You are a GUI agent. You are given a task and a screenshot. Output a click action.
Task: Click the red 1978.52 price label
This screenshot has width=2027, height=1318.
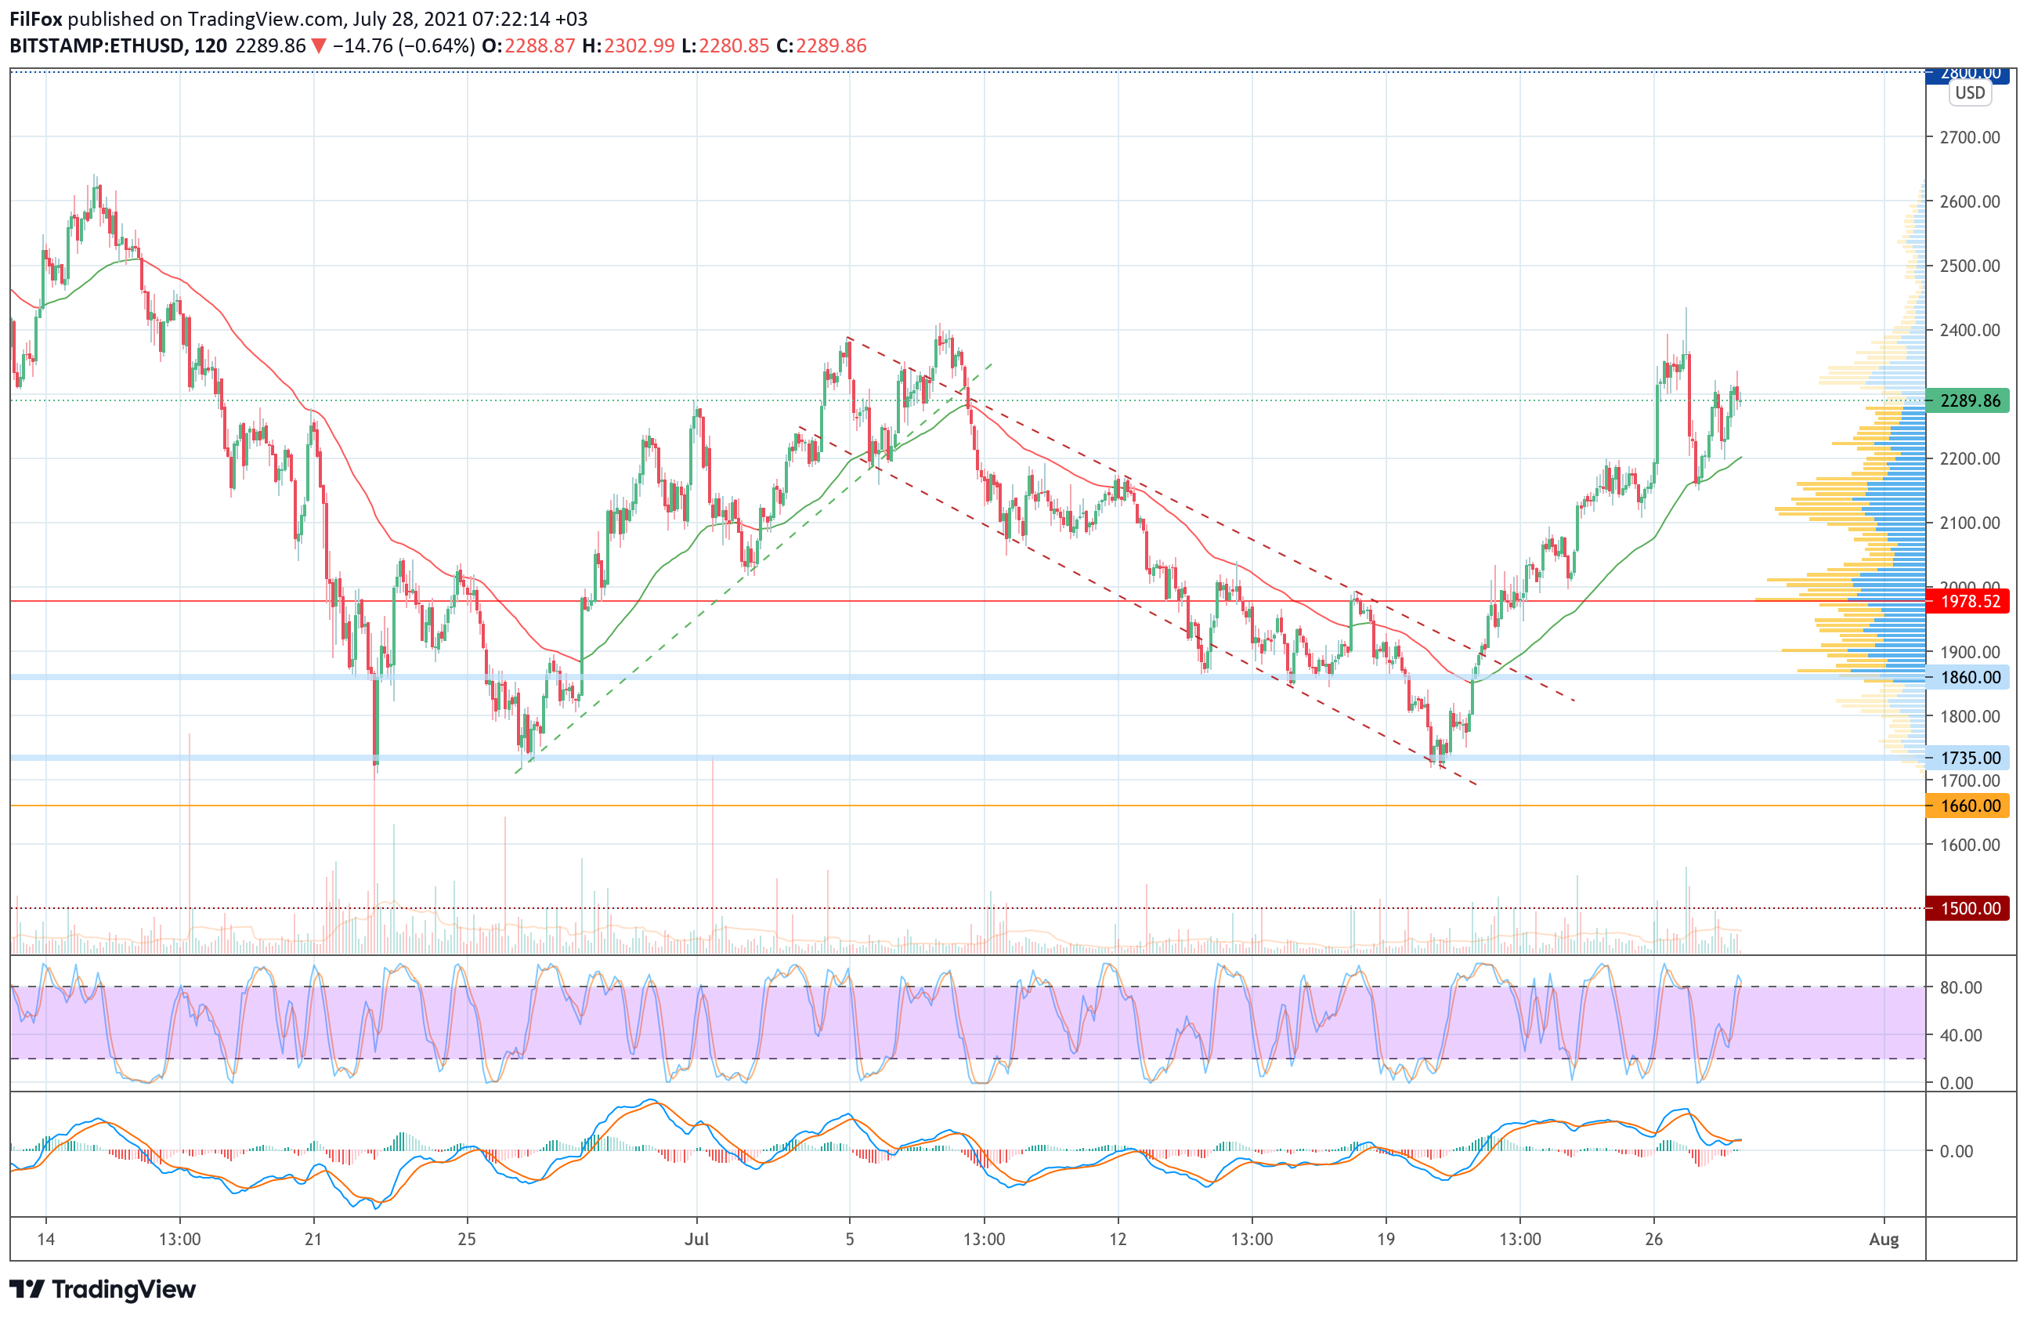(1969, 602)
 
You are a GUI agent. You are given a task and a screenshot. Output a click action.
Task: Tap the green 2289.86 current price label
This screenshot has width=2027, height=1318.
(1969, 400)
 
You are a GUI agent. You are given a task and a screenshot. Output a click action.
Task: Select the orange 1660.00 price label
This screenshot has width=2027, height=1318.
(1969, 806)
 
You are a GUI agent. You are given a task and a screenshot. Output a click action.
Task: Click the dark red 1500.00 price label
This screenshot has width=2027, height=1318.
(1969, 908)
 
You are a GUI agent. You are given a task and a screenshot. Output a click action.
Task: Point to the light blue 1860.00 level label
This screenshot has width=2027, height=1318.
(1969, 677)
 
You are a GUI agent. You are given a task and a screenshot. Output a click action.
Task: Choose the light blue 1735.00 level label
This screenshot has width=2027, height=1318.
(1969, 758)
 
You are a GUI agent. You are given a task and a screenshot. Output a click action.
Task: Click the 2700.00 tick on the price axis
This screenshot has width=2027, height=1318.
(1969, 137)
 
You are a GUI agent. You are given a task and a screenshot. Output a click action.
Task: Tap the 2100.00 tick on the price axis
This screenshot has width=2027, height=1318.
(1969, 523)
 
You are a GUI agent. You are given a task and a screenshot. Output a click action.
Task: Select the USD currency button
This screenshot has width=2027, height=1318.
(1969, 93)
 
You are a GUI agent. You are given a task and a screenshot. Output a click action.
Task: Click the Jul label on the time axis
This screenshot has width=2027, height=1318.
(696, 1240)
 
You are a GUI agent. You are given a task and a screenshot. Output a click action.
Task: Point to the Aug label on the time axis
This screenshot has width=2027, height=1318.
(1883, 1240)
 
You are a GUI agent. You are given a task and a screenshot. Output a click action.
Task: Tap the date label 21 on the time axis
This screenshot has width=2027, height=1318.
(313, 1240)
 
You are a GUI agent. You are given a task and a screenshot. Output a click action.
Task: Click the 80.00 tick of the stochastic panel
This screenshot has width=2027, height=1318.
(1960, 987)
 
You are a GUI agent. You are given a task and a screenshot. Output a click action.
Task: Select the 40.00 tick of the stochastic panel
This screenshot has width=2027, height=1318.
(1960, 1035)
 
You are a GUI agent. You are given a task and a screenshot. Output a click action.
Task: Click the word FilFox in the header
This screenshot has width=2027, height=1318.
(36, 19)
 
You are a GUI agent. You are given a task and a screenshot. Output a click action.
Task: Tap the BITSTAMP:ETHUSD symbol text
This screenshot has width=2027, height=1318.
(96, 46)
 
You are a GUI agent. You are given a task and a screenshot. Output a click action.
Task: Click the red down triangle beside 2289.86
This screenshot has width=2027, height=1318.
(319, 46)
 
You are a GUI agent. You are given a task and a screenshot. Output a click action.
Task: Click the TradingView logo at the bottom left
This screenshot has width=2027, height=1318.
(102, 1289)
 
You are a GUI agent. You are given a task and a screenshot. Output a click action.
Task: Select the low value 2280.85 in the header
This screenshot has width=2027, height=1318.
(733, 46)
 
